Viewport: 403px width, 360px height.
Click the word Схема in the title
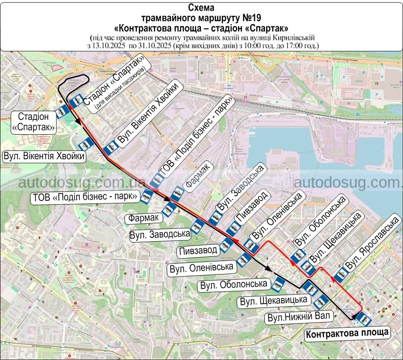pos(201,7)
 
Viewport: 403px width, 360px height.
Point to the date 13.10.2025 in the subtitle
pos(108,45)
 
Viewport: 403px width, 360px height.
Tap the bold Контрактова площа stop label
pos(347,332)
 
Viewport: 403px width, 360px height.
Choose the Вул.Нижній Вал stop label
pos(298,317)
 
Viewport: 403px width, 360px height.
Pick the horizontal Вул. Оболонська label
pos(234,284)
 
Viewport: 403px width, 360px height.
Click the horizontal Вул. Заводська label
pos(161,234)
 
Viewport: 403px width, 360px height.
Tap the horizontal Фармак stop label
pos(145,218)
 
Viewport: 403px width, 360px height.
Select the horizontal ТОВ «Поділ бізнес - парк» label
pos(85,197)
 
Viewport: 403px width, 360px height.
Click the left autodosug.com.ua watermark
pos(82,182)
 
